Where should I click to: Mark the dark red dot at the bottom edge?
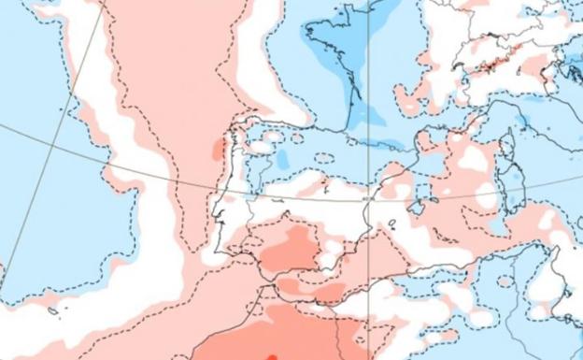tap(273, 355)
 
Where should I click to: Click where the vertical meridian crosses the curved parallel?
tap(368, 198)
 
